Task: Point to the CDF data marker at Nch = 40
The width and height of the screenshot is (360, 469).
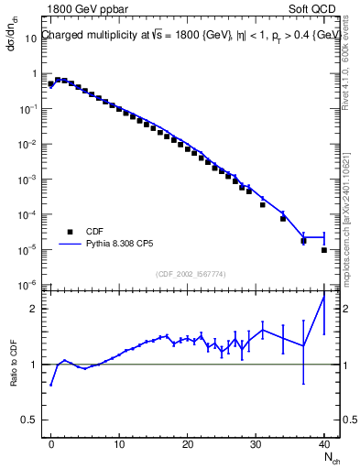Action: tap(324, 249)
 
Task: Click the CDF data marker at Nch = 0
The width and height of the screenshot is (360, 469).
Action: tap(51, 84)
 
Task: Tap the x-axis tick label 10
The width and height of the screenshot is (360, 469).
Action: tap(119, 444)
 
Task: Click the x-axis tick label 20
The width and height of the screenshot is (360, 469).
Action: tap(188, 444)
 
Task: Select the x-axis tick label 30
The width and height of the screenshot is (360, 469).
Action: tap(256, 444)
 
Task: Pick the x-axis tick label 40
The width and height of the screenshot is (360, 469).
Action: tap(324, 444)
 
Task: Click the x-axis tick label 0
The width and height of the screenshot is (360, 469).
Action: tap(51, 444)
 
